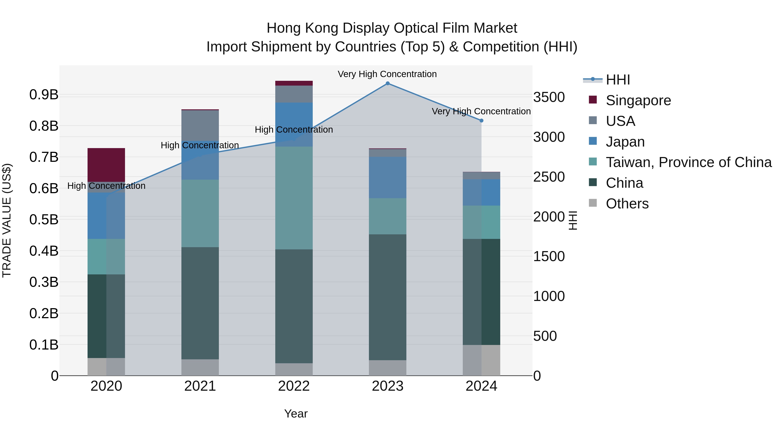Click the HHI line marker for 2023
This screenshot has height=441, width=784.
(x=387, y=83)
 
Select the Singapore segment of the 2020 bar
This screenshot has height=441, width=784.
(x=106, y=165)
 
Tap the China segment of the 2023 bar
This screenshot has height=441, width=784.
(x=387, y=297)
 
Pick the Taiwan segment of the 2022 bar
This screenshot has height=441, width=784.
(x=294, y=198)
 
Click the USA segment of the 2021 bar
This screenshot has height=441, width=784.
(x=200, y=125)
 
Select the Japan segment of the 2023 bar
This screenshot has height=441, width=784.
(x=387, y=177)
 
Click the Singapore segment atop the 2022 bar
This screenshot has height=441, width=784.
(x=294, y=83)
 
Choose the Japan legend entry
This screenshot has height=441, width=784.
(x=625, y=142)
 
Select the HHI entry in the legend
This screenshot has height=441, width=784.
(x=618, y=80)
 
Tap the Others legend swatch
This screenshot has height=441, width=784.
(x=593, y=203)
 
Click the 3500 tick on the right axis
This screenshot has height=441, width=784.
(x=549, y=97)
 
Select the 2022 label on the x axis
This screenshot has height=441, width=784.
(x=294, y=386)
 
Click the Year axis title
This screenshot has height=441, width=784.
(x=296, y=414)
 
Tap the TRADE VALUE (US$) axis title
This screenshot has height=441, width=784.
(x=7, y=220)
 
